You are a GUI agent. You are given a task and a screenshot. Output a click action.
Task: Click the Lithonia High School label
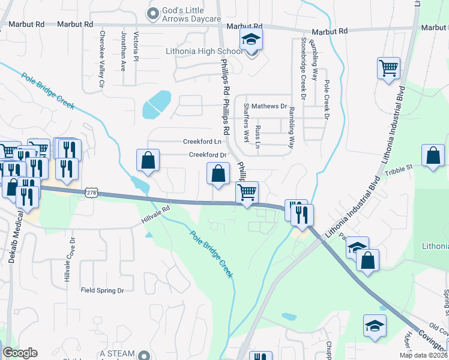point(203,52)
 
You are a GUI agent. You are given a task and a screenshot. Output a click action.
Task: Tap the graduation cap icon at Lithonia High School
point(252,40)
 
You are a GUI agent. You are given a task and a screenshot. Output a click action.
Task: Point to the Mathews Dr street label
point(270,106)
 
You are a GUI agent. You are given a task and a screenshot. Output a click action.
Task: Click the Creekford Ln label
point(203,142)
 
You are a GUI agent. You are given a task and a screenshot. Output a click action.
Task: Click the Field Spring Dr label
point(102,290)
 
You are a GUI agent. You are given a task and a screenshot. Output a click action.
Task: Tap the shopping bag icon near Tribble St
point(433,155)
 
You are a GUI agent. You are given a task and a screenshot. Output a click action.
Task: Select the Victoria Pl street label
point(136,47)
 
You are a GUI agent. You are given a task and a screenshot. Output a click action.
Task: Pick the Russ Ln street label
point(258,137)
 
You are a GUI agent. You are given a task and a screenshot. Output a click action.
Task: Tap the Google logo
point(20,353)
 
